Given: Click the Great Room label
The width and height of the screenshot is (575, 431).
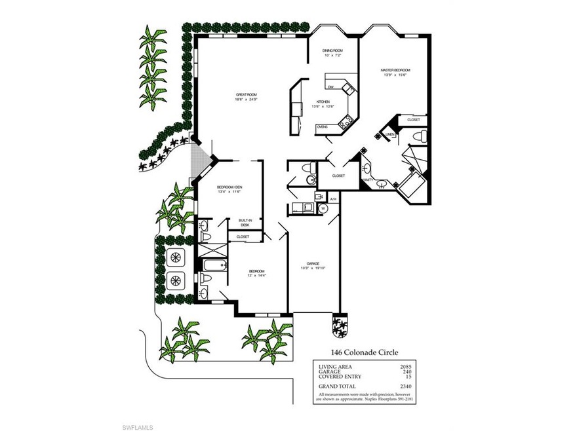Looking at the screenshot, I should (x=247, y=96).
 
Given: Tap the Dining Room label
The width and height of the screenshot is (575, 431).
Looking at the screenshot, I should (x=332, y=51).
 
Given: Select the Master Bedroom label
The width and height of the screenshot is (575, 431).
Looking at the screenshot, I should (x=396, y=70).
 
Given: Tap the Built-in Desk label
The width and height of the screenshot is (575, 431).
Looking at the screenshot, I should (x=245, y=222).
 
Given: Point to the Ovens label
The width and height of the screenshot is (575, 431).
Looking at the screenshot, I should (x=322, y=126).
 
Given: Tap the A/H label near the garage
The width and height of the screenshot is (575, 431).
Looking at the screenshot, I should (x=333, y=199).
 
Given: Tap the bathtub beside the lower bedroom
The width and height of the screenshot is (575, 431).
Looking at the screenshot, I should (x=213, y=265).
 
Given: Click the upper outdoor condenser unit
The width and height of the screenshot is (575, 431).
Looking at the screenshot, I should (x=175, y=257).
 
